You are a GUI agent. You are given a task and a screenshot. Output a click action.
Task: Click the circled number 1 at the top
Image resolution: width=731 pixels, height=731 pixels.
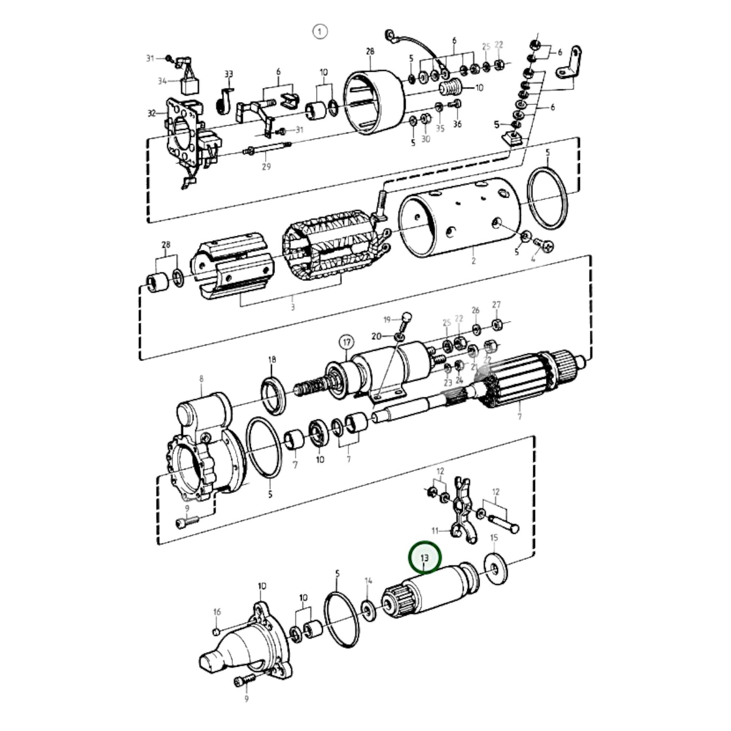320,31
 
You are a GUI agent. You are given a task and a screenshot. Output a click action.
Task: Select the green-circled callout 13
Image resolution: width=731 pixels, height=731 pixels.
425,557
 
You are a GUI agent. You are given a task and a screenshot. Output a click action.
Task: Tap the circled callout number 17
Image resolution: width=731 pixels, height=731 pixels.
347,342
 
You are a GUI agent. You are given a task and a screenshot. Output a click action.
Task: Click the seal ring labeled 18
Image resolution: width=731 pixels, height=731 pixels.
274,392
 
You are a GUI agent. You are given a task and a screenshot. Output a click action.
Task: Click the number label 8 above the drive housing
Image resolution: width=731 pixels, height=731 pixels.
201,378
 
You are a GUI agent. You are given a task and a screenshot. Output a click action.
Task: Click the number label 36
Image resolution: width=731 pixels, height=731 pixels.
457,124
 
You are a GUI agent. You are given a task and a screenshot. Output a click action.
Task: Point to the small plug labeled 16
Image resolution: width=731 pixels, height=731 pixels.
216,631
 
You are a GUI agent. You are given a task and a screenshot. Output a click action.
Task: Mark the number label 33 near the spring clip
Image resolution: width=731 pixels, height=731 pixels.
229,74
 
